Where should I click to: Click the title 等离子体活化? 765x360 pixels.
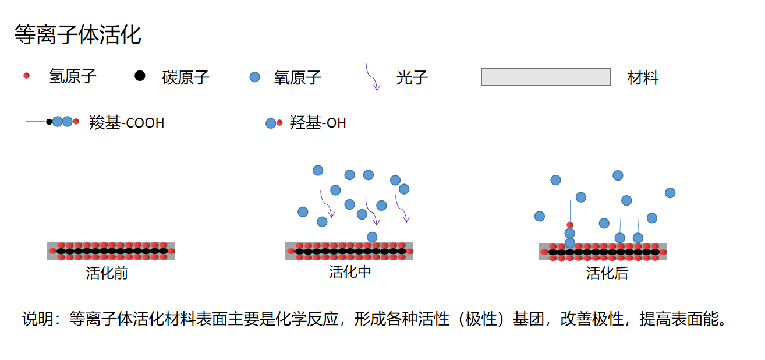77,35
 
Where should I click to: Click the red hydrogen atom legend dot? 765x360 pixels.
26,76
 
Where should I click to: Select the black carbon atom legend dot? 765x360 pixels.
140,76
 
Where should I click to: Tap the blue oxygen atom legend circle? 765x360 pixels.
254,77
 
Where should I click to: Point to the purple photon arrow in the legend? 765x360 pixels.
373,77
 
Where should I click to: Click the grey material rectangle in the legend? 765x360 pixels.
546,77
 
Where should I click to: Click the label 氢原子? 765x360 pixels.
73,76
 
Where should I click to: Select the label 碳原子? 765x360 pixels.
186,77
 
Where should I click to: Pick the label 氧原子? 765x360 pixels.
297,77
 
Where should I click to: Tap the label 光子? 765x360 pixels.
412,77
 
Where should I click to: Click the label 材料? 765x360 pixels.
643,77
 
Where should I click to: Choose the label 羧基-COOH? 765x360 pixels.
126,123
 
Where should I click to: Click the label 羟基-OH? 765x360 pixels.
317,123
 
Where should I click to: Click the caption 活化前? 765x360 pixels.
107,273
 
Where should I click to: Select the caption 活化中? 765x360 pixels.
350,271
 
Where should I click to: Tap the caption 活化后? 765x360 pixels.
607,273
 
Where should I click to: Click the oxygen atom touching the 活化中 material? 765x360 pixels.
372,237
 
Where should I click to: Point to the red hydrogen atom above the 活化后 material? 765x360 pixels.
570,225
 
